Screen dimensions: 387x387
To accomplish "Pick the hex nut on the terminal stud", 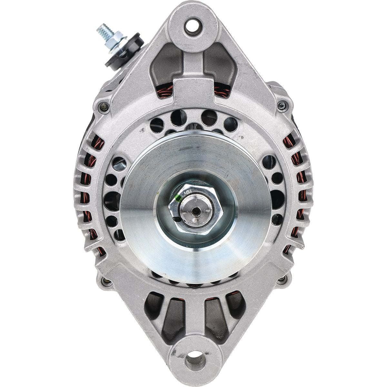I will [x=114, y=35].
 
